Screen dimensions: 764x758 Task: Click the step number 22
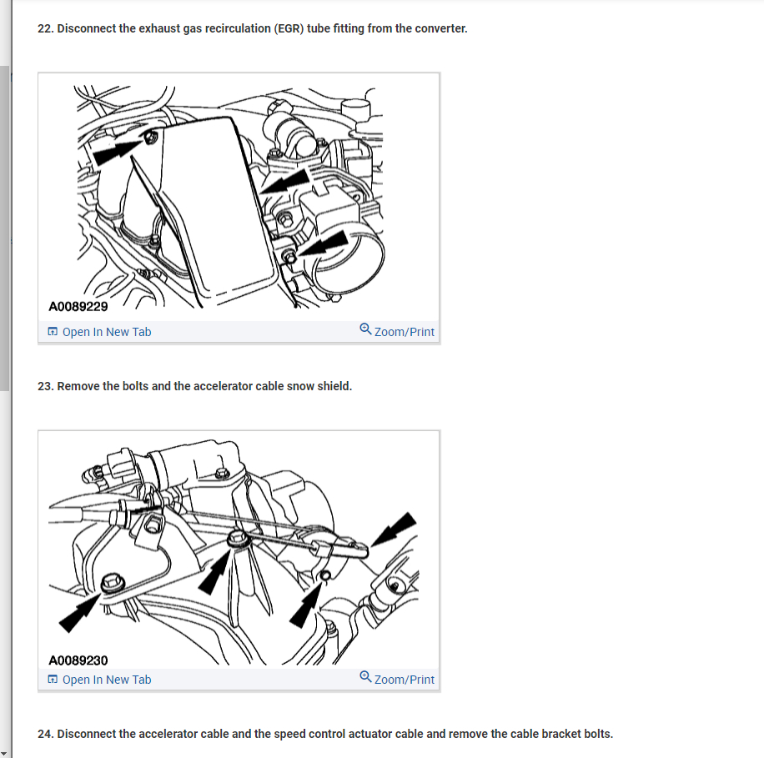click(x=45, y=28)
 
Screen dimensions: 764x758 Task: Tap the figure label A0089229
click(x=78, y=306)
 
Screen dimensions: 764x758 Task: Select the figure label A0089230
click(x=78, y=660)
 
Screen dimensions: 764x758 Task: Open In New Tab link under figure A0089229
click(x=107, y=332)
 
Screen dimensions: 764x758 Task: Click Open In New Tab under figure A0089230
click(x=107, y=680)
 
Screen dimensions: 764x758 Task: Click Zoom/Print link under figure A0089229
click(x=404, y=332)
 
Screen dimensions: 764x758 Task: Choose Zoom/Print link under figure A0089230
click(x=404, y=680)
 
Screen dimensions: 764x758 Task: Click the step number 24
click(x=45, y=734)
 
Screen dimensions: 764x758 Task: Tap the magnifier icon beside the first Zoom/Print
click(x=365, y=329)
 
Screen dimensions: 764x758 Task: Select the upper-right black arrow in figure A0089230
click(x=395, y=529)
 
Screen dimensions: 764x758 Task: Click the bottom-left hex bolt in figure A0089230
click(x=113, y=583)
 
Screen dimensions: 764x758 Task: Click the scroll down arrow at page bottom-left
click(x=4, y=753)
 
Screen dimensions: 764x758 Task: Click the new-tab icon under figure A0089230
click(x=53, y=680)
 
